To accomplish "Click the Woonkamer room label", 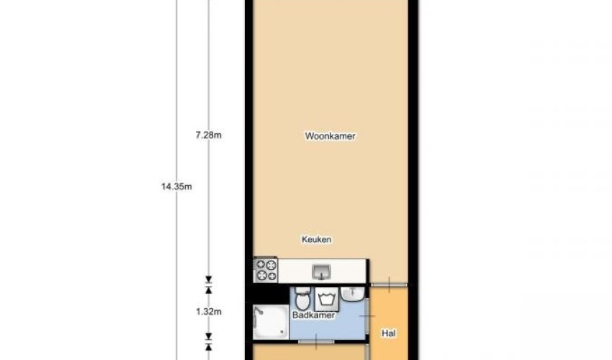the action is (x=330, y=136).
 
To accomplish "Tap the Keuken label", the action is (x=316, y=239).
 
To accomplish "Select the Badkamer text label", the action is (x=313, y=315).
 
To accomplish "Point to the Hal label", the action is (x=388, y=333).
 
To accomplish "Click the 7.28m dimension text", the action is (x=208, y=135).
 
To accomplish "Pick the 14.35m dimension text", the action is (x=176, y=186).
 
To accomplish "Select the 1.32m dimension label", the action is (x=208, y=312).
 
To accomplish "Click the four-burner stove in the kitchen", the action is (x=266, y=270).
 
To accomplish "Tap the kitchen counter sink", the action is (x=321, y=272).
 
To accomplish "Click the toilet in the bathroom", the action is (x=302, y=299).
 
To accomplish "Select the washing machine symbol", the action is (x=327, y=300).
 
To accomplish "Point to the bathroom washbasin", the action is (x=353, y=294).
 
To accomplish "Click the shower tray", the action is (x=271, y=322).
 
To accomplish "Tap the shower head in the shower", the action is (x=258, y=311).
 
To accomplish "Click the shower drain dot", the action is (x=282, y=332).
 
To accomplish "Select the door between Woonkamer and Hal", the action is (x=389, y=284).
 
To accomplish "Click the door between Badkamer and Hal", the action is (x=367, y=315).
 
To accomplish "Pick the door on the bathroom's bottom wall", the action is (x=316, y=342).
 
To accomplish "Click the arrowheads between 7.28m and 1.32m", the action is (x=208, y=284).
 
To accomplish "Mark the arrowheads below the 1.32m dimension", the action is (x=208, y=342).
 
